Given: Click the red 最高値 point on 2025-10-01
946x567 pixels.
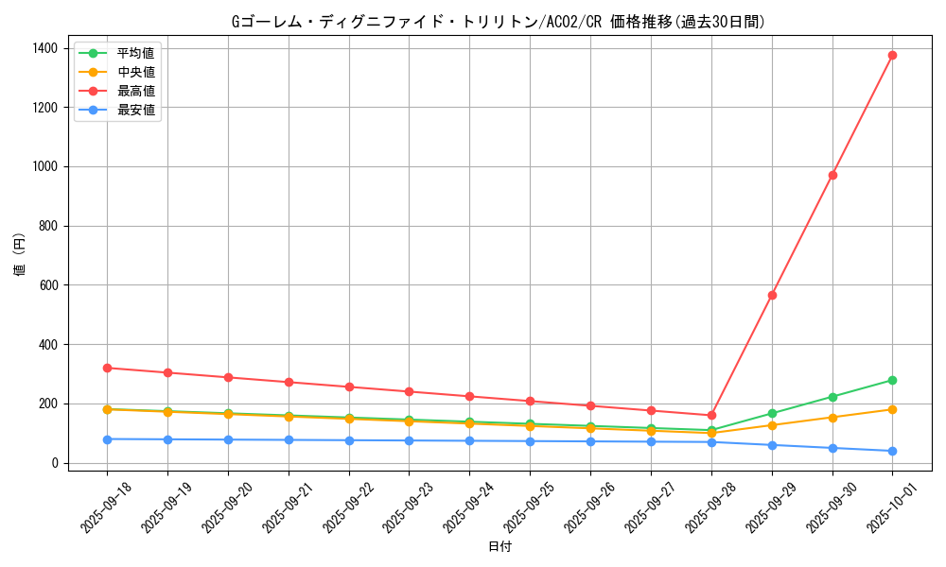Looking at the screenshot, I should coord(892,55).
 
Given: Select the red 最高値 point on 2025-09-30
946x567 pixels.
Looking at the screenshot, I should coord(832,175).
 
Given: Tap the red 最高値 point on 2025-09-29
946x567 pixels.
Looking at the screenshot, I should coord(772,295).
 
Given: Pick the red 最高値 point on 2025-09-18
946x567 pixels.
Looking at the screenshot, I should coord(107,368).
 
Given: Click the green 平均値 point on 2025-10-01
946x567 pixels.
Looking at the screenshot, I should coord(892,380).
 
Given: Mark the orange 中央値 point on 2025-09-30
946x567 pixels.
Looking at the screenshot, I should coord(832,417).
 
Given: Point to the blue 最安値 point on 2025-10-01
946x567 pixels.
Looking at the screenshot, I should coord(892,451).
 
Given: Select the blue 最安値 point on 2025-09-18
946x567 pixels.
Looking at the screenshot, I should coord(107,439).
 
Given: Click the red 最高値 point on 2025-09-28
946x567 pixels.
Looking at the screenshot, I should coord(711,415).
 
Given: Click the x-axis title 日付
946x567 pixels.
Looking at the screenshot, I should coord(499,546).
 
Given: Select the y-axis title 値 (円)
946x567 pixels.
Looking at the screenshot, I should coord(20,255).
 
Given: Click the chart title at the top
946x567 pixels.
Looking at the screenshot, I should coord(499,21).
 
